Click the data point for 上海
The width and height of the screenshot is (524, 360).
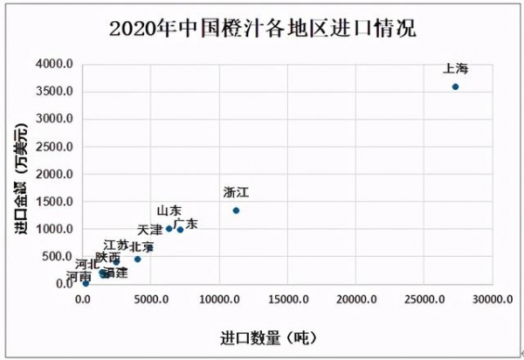455,87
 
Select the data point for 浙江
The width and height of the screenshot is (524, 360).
236,211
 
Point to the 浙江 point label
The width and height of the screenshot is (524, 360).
237,191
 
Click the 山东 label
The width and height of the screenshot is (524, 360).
169,211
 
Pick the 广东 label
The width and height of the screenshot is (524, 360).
185,225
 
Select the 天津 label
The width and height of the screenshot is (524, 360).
150,230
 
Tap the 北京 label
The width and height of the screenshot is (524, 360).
141,247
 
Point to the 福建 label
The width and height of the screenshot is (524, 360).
114,273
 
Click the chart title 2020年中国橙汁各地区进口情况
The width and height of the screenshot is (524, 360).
262,28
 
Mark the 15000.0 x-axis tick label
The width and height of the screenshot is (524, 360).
288,300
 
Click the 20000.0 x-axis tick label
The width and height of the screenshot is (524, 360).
356,300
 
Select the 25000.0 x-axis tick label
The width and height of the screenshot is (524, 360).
424,300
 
